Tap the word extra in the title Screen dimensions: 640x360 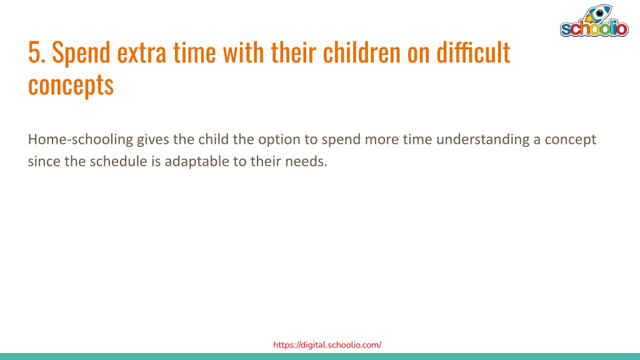[142, 53]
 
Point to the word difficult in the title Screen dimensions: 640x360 [473, 52]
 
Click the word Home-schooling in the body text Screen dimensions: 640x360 [81, 140]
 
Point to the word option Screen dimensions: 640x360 [279, 140]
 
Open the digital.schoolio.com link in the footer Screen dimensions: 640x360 [327, 345]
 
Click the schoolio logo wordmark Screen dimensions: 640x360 [594, 29]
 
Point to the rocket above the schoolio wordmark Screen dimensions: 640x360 [597, 14]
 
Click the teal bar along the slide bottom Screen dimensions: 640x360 [320, 357]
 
